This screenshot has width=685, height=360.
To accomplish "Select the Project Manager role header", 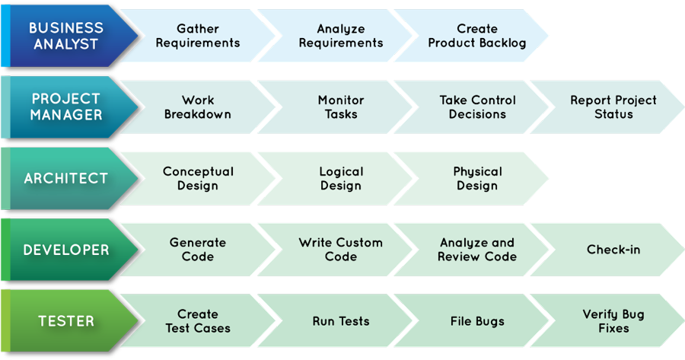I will (x=66, y=107).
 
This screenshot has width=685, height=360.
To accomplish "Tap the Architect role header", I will (x=65, y=178).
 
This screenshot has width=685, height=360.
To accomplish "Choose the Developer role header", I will (x=65, y=250).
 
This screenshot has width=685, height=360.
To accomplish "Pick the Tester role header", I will (x=65, y=321).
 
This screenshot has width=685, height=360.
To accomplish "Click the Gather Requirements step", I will (x=198, y=36).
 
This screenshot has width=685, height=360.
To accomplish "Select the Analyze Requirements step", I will (x=340, y=36).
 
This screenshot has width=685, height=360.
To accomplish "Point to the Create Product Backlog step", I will (x=477, y=36).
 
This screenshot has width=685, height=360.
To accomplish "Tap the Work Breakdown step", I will (x=198, y=107).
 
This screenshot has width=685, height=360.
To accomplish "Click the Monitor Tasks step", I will (x=340, y=107).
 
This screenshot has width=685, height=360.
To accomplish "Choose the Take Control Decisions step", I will (x=477, y=107).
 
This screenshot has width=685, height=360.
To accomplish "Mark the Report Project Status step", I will (x=613, y=107).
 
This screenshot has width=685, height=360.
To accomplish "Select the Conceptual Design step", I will (x=198, y=179).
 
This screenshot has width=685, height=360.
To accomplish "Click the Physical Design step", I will (x=477, y=179).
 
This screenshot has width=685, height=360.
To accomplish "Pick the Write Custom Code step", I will (x=340, y=250).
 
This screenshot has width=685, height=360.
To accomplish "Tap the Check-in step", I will (x=613, y=250).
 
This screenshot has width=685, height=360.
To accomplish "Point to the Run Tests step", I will (x=340, y=321).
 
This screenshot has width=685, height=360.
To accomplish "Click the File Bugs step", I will (x=477, y=321).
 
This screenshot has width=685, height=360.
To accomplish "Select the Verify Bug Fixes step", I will (x=613, y=321).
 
